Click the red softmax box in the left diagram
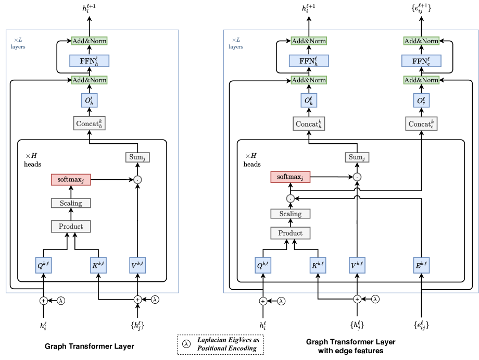[71, 179]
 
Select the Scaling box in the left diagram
[71, 203]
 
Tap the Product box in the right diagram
[290, 233]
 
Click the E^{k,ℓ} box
[421, 265]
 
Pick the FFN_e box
[421, 61]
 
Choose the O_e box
[421, 100]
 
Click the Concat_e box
[421, 124]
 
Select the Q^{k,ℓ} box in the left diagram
[43, 265]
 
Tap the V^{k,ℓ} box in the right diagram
[357, 265]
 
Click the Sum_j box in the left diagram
[137, 157]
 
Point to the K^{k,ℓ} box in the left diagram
[98, 265]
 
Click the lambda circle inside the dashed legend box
[186, 344]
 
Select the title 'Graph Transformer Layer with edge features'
[351, 346]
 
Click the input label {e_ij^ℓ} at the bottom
[421, 325]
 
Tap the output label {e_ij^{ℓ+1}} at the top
[421, 8]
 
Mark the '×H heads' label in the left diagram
[32, 160]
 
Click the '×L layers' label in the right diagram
[236, 43]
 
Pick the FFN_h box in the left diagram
[89, 61]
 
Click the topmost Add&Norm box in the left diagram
[89, 41]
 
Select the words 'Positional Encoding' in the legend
[226, 348]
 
